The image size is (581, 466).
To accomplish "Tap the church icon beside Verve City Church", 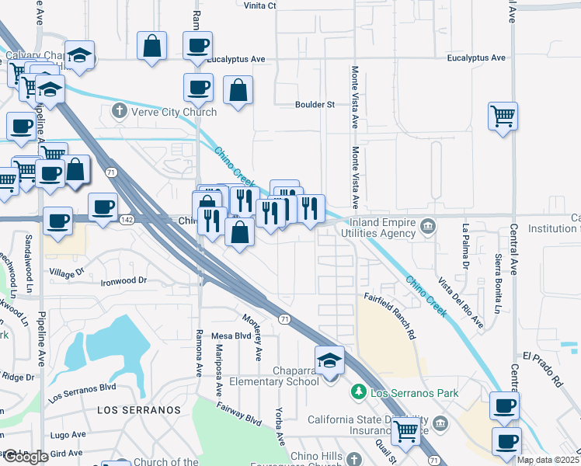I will (x=120, y=111).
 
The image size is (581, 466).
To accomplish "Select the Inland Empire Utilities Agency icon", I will (x=428, y=227).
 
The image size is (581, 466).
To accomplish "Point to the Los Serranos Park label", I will (x=414, y=393).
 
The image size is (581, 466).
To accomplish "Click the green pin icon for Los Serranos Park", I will (x=359, y=392).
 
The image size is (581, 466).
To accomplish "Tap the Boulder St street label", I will (x=314, y=105).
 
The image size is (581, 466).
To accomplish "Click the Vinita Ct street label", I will (x=260, y=5).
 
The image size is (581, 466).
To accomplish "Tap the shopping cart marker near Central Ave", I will (x=503, y=117).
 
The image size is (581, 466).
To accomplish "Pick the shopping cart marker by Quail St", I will (x=406, y=431).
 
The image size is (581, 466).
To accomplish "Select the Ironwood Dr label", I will (x=124, y=280).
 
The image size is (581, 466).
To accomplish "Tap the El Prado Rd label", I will (x=541, y=370).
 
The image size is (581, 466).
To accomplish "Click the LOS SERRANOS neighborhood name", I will (x=139, y=409).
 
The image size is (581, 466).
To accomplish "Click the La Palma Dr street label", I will (x=466, y=246).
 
